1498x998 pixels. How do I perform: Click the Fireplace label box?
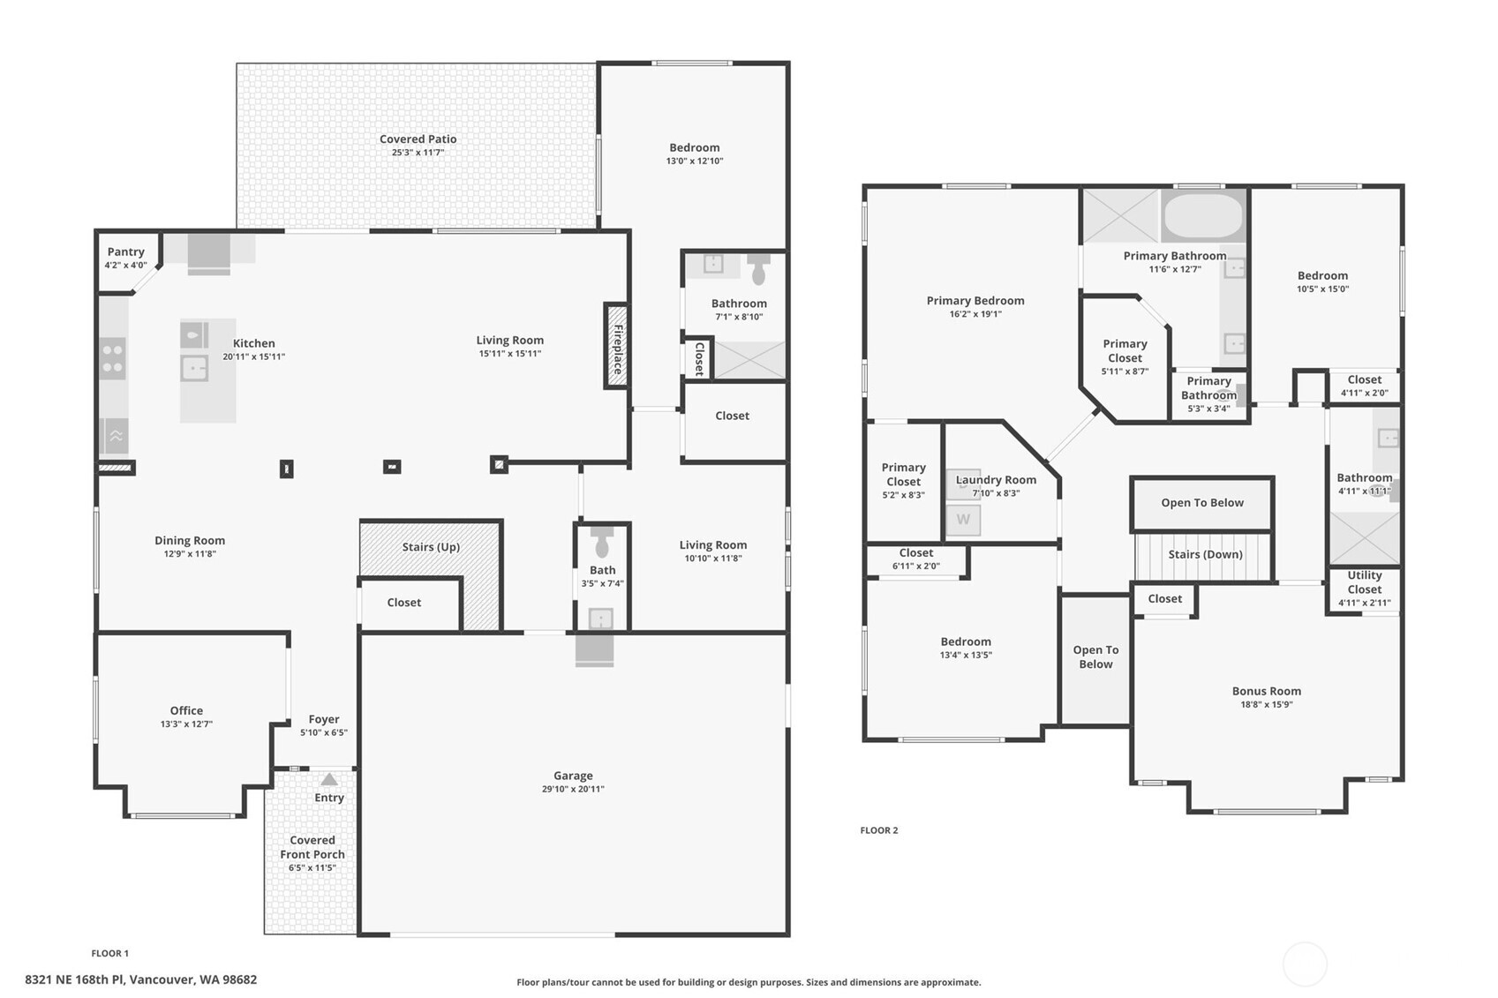pyautogui.click(x=617, y=347)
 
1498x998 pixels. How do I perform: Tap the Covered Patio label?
pyautogui.click(x=418, y=139)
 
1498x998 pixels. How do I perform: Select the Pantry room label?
pyautogui.click(x=125, y=252)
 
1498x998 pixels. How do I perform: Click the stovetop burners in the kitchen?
pyautogui.click(x=112, y=358)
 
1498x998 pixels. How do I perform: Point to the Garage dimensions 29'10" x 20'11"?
pyautogui.click(x=573, y=790)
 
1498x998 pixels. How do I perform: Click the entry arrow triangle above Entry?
pyautogui.click(x=329, y=780)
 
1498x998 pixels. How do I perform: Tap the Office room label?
pyautogui.click(x=186, y=710)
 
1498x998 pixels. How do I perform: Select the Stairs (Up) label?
pyautogui.click(x=431, y=547)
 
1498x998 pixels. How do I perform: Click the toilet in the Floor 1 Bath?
pyautogui.click(x=603, y=542)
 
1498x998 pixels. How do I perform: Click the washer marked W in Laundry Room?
pyautogui.click(x=963, y=520)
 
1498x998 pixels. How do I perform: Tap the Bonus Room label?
pyautogui.click(x=1266, y=691)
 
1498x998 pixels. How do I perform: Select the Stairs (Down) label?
pyautogui.click(x=1205, y=555)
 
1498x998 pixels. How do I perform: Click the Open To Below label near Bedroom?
pyautogui.click(x=1095, y=657)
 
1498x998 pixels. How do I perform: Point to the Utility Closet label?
pyautogui.click(x=1364, y=582)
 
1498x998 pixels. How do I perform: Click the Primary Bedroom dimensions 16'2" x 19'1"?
pyautogui.click(x=975, y=314)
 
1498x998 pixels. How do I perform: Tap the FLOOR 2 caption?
pyautogui.click(x=879, y=830)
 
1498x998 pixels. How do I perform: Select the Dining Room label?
pyautogui.click(x=190, y=541)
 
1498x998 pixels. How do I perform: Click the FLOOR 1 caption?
pyautogui.click(x=110, y=953)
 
